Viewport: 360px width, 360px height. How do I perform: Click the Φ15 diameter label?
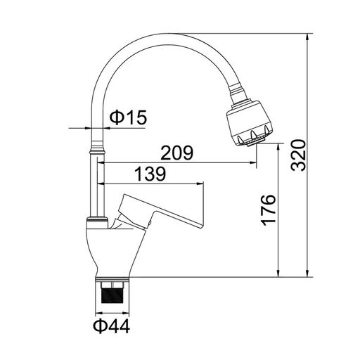(128, 117)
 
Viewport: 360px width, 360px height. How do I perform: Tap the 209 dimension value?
(177, 153)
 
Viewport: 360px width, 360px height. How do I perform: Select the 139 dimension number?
(150, 174)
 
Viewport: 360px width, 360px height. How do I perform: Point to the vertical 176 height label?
(269, 210)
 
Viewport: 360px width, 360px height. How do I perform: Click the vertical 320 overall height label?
(298, 155)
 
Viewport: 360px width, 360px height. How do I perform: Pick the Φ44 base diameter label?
(112, 326)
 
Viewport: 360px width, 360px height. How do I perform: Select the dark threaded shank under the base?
(112, 292)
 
